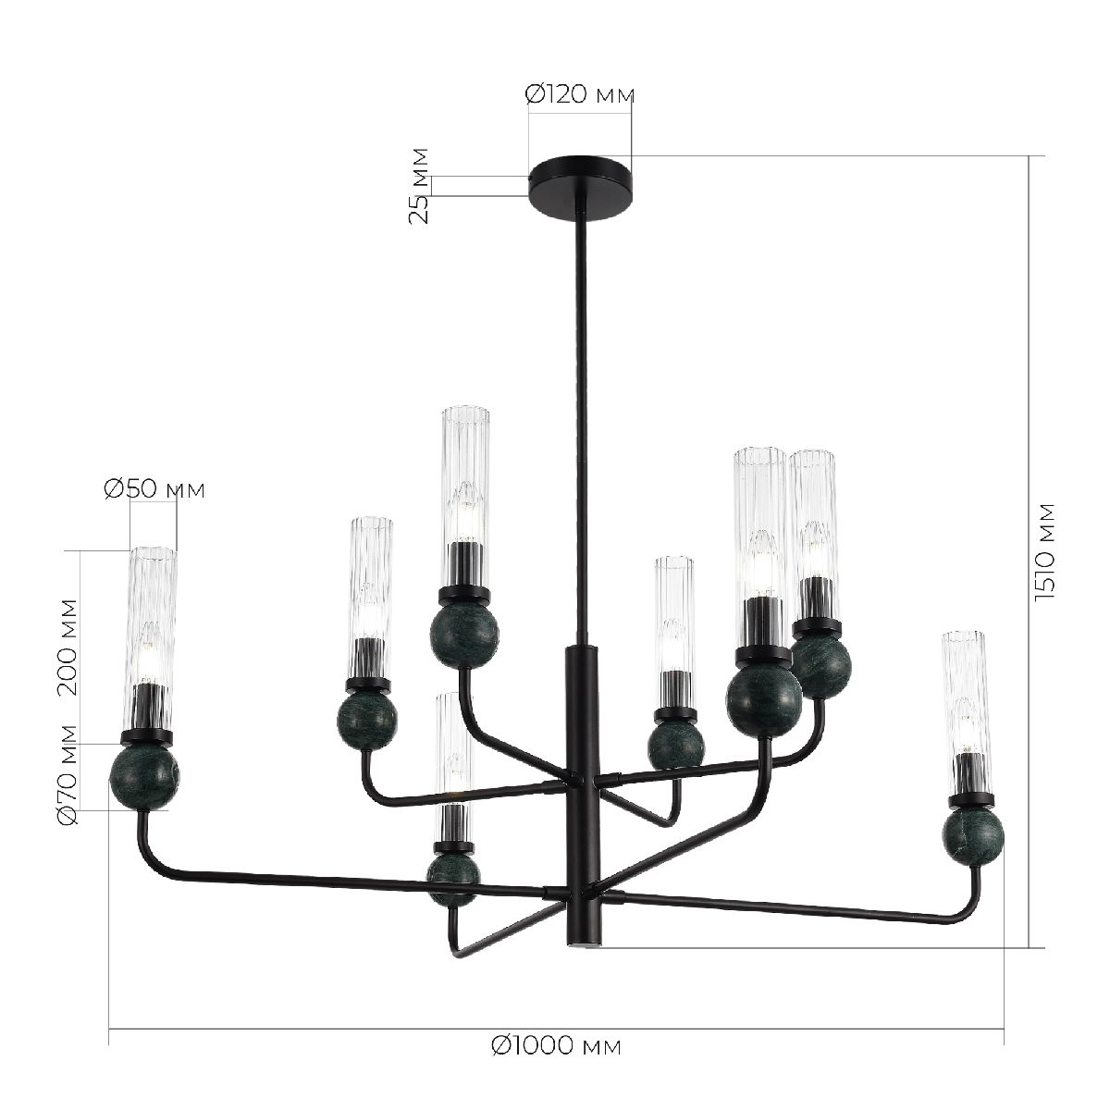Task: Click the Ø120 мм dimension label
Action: tap(580, 93)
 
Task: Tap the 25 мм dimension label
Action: tap(420, 185)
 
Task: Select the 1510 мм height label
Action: tap(1045, 552)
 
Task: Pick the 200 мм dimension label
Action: tap(67, 646)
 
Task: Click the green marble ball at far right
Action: tap(973, 834)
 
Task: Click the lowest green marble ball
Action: tap(453, 876)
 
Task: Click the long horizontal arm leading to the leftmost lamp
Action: tap(351, 881)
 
